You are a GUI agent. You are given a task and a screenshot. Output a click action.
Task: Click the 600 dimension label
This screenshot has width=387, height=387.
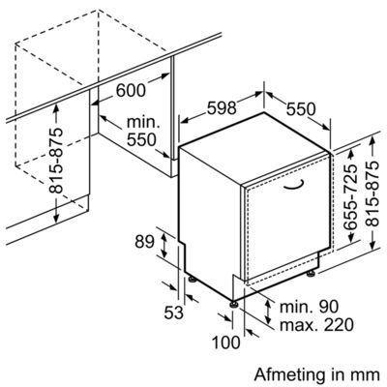(x=131, y=90)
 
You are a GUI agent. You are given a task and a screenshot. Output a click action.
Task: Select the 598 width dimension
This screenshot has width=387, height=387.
(x=222, y=108)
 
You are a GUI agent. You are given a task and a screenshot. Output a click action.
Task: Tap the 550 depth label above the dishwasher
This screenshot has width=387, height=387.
(x=301, y=109)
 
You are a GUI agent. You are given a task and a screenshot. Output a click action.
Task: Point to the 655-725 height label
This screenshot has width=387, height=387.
(x=350, y=196)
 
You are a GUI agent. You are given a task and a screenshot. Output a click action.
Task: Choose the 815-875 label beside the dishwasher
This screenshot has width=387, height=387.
(x=373, y=193)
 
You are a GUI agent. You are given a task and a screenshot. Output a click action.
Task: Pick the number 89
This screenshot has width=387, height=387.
(x=145, y=242)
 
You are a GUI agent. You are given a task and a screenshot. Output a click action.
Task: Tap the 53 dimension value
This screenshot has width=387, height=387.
(x=174, y=313)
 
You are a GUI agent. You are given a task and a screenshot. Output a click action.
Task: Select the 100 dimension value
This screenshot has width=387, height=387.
(x=226, y=342)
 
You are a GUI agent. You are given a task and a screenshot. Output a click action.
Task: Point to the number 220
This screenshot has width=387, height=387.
(x=339, y=325)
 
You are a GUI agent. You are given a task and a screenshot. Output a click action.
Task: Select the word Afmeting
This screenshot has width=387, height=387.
(x=289, y=375)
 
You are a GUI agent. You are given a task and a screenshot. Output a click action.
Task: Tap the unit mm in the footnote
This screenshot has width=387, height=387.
(x=368, y=376)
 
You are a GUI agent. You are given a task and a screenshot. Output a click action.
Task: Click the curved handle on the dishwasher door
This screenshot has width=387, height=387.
(x=294, y=185)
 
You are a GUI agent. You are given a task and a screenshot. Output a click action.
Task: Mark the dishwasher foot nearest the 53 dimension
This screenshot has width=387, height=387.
(x=192, y=278)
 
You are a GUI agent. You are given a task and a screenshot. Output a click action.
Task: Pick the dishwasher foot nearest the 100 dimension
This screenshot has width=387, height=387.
(x=234, y=304)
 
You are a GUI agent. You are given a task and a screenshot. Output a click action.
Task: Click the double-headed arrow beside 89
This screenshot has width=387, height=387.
(x=164, y=246)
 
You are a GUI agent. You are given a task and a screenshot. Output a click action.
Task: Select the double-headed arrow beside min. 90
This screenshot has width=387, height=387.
(x=268, y=312)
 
